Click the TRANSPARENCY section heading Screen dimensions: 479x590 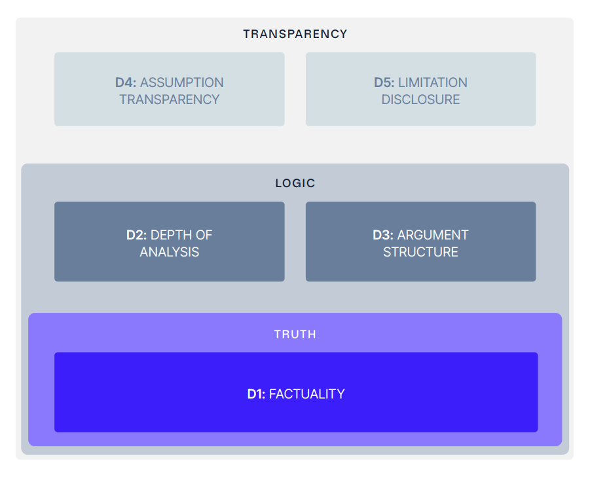[295, 34]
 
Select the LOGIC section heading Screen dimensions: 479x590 [295, 183]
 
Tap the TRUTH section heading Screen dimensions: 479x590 [295, 334]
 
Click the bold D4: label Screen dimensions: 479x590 [126, 82]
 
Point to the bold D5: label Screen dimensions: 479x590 [384, 82]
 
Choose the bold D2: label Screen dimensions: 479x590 [137, 235]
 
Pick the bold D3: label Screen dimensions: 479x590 [383, 235]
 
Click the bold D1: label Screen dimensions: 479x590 [256, 394]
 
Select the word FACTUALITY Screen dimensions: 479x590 [306, 394]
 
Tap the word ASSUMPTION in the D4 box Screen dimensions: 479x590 [181, 82]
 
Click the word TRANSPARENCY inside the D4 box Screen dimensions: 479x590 [169, 99]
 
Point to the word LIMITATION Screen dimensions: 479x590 [433, 82]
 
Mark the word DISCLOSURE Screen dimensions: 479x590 [420, 99]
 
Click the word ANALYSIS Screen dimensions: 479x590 [169, 252]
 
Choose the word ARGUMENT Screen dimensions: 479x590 [433, 235]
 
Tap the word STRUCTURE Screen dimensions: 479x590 [420, 252]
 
